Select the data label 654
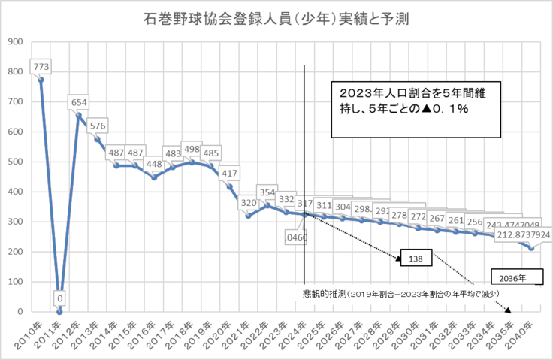[79, 101]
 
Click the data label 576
[98, 125]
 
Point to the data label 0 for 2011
[60, 298]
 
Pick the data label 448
[154, 165]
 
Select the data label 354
[267, 192]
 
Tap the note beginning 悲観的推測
[398, 294]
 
